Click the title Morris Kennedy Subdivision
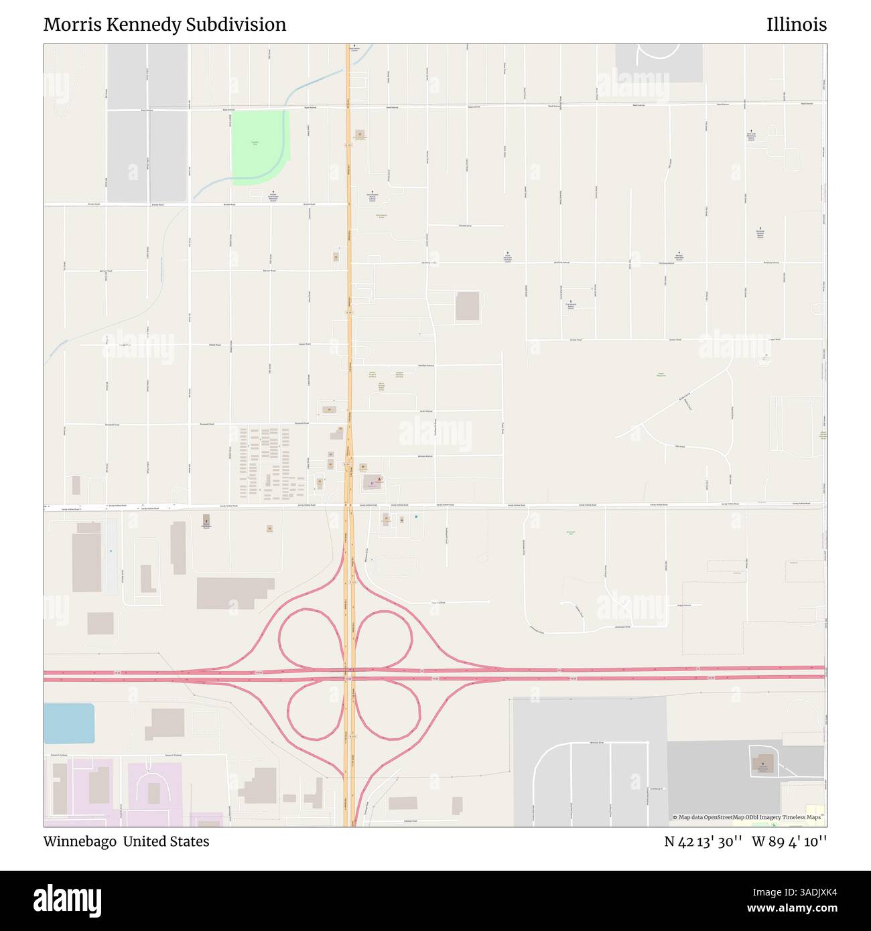[x=165, y=25]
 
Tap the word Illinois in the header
[x=797, y=25]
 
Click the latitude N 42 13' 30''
[x=702, y=841]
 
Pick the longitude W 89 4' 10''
[x=789, y=841]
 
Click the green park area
[x=258, y=146]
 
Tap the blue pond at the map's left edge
[x=68, y=723]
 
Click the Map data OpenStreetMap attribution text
[x=749, y=817]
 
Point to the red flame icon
[x=379, y=480]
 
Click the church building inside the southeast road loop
[x=762, y=763]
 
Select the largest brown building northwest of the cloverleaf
[x=235, y=593]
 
